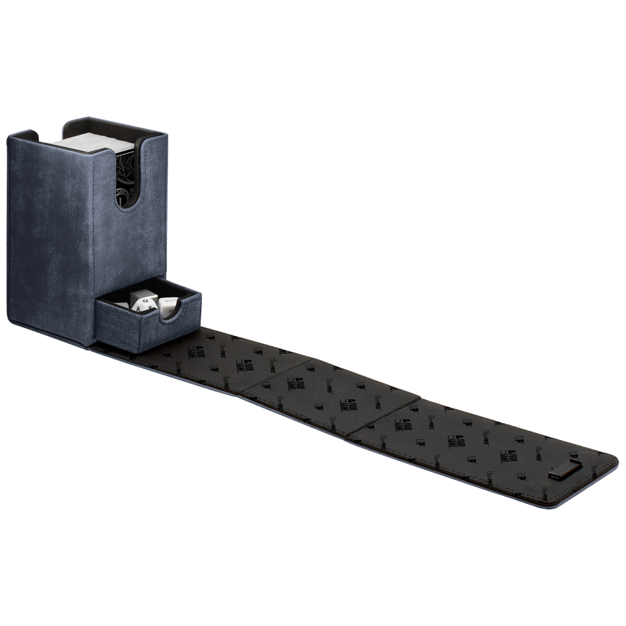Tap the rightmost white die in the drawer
pyautogui.click(x=167, y=305)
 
